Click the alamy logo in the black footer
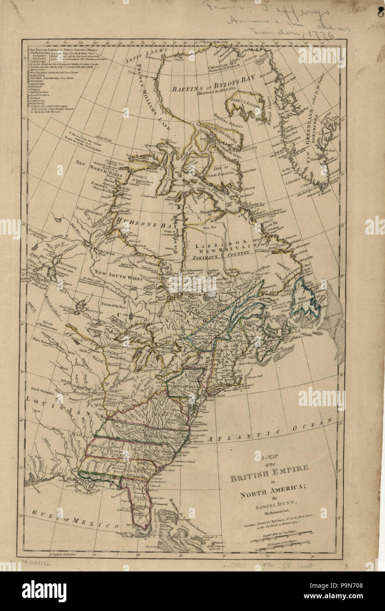click(x=38, y=591)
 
